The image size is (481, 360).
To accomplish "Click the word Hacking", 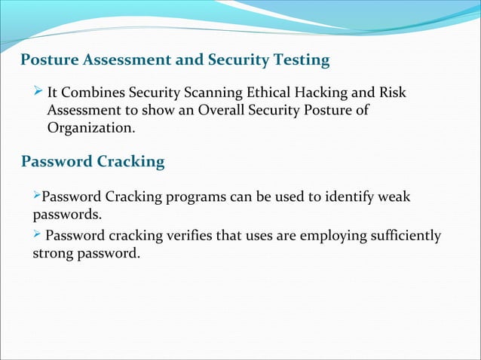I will [x=323, y=93].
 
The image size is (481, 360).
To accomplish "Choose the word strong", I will [x=51, y=254].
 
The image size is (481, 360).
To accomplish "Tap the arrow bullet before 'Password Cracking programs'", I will [x=35, y=197].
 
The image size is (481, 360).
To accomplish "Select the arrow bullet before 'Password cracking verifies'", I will [x=37, y=236].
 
